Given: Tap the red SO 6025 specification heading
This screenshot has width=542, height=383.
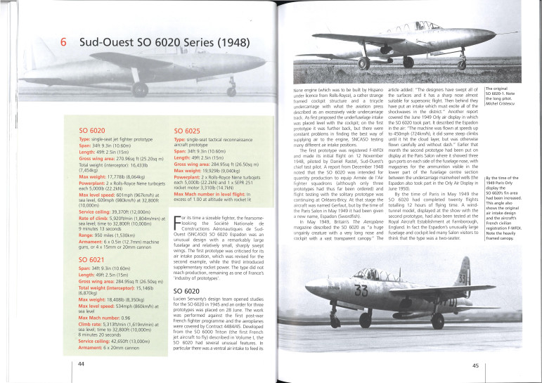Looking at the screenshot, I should [x=188, y=131].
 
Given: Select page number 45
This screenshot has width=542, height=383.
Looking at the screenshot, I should [x=476, y=365].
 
